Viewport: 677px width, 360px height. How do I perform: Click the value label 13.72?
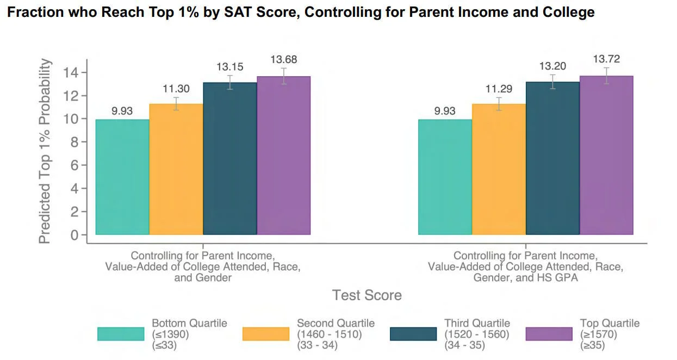[x=606, y=59]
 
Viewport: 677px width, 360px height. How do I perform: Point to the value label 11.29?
[x=499, y=89]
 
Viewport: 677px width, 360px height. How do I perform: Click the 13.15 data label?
[x=230, y=67]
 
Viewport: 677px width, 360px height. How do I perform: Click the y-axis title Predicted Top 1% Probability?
[x=46, y=151]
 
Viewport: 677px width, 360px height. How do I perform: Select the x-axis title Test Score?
[x=367, y=295]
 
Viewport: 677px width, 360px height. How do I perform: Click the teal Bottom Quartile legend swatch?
[x=121, y=334]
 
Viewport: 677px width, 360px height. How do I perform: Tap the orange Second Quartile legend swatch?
[x=266, y=334]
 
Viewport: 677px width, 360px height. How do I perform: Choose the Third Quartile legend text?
[x=477, y=334]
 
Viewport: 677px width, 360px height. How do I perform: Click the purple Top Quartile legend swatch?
[x=549, y=334]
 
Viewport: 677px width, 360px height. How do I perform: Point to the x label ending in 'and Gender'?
[x=203, y=266]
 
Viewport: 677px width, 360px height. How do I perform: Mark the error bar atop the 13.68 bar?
[x=283, y=76]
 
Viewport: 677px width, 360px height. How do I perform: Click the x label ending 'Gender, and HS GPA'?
[x=525, y=266]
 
